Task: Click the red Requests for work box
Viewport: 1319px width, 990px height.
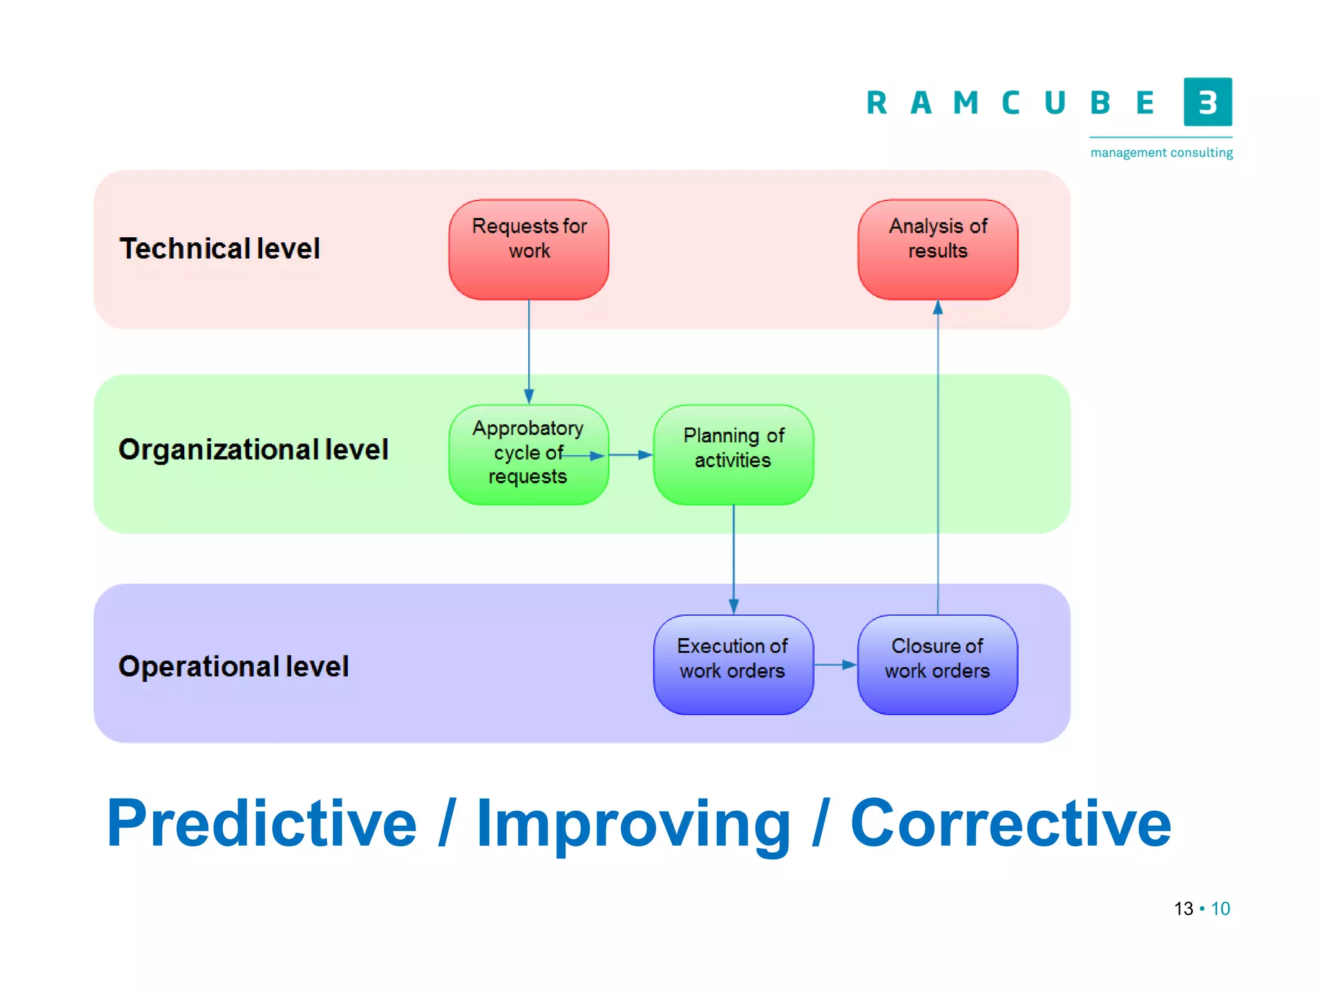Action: (x=529, y=249)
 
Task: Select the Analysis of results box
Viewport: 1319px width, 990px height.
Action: (x=938, y=249)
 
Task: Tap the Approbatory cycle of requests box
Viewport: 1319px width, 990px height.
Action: (x=529, y=454)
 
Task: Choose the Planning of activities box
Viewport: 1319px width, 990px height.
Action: (x=733, y=454)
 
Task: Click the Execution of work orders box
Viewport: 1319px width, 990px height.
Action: (x=733, y=665)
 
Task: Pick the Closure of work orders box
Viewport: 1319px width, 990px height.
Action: (x=937, y=665)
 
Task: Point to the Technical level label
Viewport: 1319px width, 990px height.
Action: (x=220, y=249)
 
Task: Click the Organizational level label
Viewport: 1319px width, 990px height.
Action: (x=253, y=449)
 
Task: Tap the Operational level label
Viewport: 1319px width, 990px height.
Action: (x=233, y=666)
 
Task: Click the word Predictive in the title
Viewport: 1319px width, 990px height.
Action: (x=261, y=823)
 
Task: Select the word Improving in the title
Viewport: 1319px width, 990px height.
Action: (x=633, y=823)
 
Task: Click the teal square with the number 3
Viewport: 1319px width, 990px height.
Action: (x=1208, y=102)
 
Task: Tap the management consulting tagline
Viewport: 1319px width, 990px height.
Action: (x=1161, y=153)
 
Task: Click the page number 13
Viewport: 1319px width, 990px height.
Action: (x=1183, y=909)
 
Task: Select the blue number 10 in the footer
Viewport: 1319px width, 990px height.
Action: (x=1220, y=909)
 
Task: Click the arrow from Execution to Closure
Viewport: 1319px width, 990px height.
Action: (x=835, y=665)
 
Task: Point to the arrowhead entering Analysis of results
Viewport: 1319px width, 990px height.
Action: (x=938, y=307)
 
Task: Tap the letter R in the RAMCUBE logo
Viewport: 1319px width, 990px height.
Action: (x=877, y=103)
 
